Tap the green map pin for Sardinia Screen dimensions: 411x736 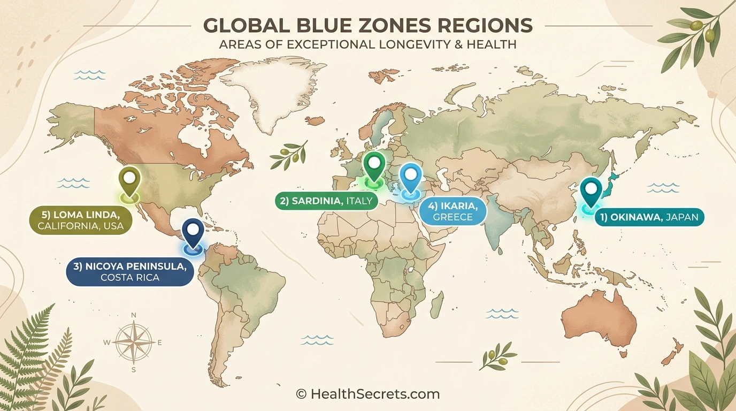(x=374, y=165)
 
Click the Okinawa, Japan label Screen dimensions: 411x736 (x=649, y=218)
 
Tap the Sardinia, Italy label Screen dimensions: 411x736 (x=327, y=201)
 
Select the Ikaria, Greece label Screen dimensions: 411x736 (x=453, y=211)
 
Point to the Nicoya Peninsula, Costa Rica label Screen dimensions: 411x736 (x=129, y=271)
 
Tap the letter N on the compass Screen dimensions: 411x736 (x=134, y=315)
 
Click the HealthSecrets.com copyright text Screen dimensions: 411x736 (x=368, y=394)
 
